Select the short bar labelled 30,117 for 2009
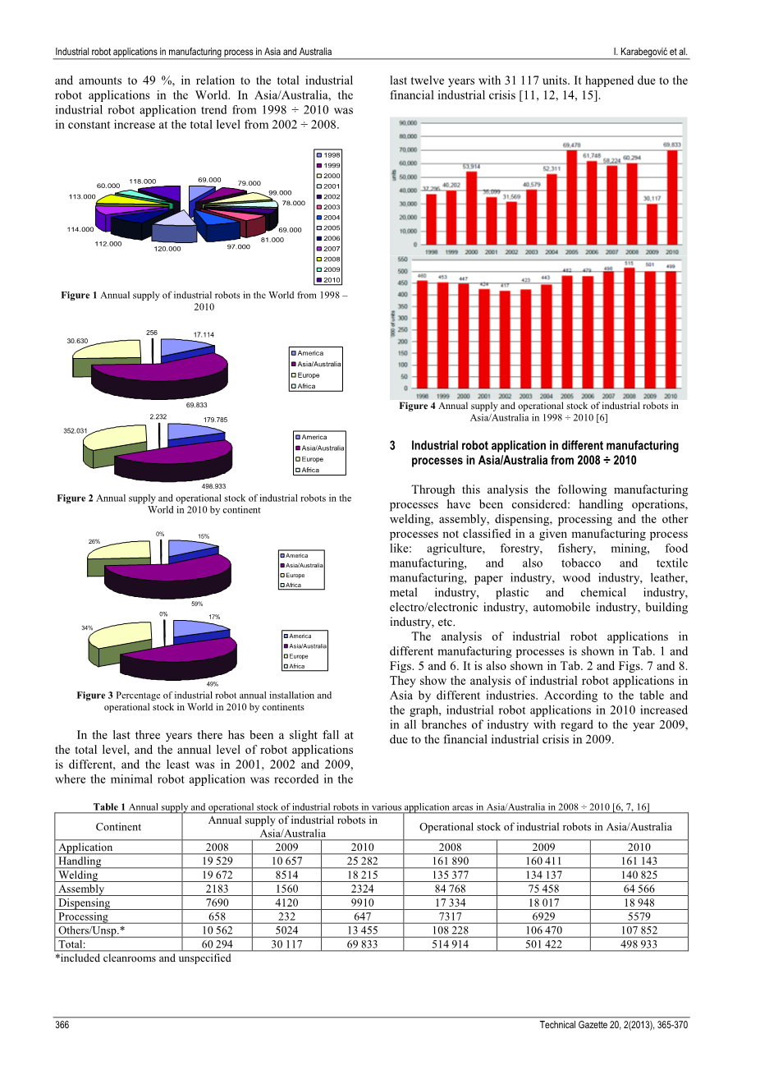tap(652, 224)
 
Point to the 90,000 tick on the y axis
tap(407, 123)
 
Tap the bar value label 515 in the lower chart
tap(629, 264)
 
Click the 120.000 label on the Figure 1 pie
tap(167, 249)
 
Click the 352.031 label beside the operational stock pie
tap(76, 430)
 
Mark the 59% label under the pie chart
tap(197, 604)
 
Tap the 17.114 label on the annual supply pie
tap(204, 334)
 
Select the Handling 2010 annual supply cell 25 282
tap(362, 861)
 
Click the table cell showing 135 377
tap(450, 875)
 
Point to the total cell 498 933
tap(639, 944)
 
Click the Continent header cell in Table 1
tap(118, 827)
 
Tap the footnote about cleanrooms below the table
tap(143, 958)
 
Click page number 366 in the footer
tap(62, 1025)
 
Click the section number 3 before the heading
tap(393, 446)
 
